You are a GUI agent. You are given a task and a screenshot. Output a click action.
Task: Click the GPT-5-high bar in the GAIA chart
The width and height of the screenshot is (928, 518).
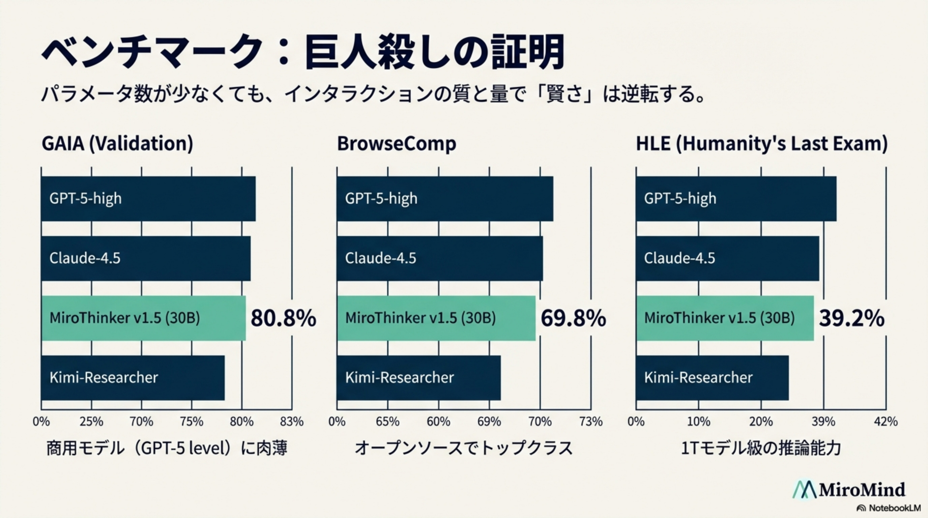pos(148,199)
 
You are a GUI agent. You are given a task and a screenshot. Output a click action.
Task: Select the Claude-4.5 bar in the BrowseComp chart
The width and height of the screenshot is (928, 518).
pos(439,258)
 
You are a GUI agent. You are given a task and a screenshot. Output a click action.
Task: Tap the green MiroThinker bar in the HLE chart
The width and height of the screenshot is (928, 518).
pos(724,318)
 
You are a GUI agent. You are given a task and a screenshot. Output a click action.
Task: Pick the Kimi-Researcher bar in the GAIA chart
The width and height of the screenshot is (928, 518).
pos(133,378)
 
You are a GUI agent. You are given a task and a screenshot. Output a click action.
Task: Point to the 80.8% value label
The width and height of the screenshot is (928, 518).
pos(283,318)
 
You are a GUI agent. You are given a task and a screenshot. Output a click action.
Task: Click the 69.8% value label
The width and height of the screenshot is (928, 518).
pos(573,318)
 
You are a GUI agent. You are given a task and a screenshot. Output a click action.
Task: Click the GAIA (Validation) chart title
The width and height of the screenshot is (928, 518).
pos(117,143)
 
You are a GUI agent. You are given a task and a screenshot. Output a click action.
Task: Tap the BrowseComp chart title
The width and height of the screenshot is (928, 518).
pos(396,143)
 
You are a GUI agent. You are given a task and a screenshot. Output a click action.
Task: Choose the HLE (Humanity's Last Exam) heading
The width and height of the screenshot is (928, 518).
pos(761,143)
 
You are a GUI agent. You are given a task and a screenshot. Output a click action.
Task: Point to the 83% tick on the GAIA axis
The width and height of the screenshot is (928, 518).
pos(292,422)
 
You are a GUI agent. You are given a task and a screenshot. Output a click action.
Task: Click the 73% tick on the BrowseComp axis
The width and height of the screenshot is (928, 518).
pos(591,422)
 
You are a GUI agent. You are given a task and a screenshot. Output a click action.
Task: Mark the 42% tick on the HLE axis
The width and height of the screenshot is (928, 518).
pos(886,422)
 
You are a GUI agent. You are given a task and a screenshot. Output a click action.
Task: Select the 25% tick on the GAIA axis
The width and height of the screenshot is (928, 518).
pos(91,422)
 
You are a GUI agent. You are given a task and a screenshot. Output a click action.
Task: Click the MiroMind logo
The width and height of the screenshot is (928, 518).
pos(849,490)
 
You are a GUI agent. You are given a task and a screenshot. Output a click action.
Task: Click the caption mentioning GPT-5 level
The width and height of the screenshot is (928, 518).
pos(167,449)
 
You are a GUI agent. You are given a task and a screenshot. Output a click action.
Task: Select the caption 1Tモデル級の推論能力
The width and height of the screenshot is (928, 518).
pos(761,449)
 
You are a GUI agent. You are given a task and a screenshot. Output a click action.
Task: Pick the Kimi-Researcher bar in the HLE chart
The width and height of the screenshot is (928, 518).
pos(712,378)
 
